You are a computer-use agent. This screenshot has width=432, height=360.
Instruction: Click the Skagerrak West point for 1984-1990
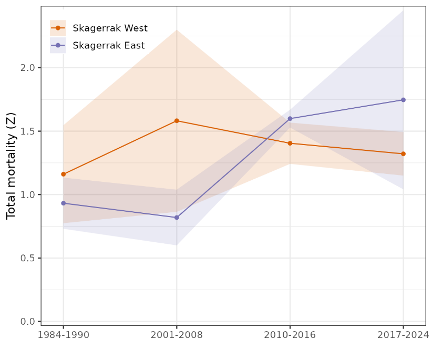pos(64,174)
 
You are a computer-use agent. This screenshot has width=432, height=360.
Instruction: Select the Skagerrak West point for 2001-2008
pos(177,121)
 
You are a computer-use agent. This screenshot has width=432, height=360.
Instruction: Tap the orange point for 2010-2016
pos(290,143)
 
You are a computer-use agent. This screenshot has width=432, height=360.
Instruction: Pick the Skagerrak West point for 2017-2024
pos(403,154)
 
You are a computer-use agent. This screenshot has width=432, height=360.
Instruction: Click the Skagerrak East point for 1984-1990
pos(64,203)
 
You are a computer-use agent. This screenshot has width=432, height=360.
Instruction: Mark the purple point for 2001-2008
pos(177,218)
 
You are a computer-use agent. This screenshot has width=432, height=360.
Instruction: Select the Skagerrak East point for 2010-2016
pos(290,119)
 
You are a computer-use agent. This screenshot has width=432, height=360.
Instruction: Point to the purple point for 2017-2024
pos(403,100)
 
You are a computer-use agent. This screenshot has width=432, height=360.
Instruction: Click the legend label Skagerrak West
pos(110,28)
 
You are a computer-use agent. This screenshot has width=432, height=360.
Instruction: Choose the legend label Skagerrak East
pos(109,45)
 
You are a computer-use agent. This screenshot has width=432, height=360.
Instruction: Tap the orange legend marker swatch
pos(58,28)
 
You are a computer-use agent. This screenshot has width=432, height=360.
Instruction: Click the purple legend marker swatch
pos(58,45)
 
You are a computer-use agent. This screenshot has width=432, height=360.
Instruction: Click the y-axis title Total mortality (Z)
pos(11,166)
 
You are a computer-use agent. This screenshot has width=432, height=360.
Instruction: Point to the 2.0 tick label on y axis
pos(28,68)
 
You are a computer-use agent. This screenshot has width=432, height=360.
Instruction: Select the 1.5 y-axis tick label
pos(28,131)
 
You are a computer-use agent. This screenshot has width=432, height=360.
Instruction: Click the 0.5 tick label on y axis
pos(28,258)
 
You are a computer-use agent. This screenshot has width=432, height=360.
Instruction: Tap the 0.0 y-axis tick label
pos(28,322)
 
